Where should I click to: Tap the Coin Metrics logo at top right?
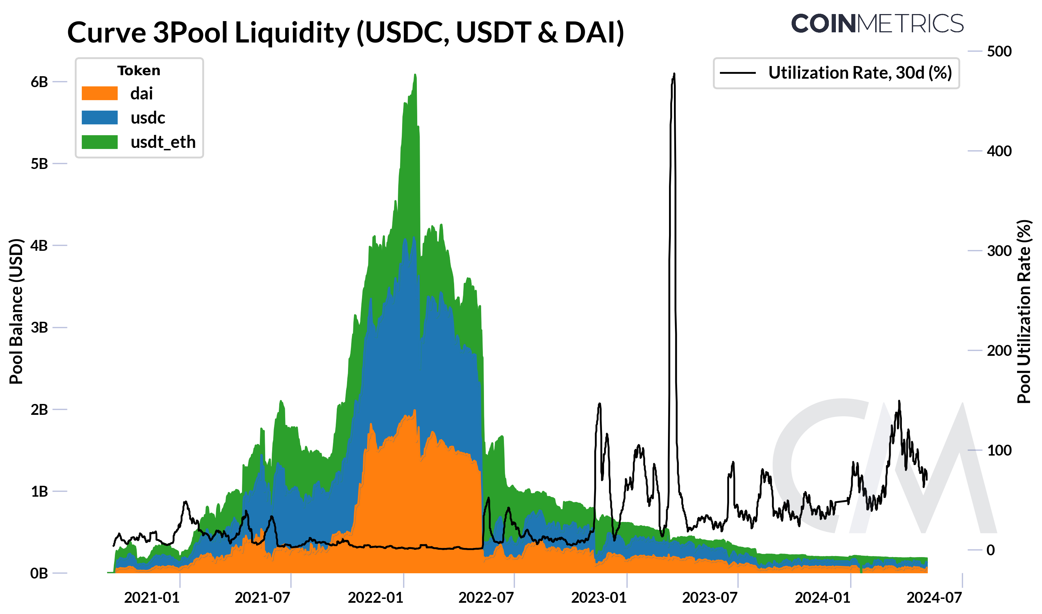(877, 24)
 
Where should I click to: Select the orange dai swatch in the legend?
(100, 93)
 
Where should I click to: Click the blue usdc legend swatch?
(100, 118)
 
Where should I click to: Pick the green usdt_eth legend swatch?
(100, 142)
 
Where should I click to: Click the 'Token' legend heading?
(139, 71)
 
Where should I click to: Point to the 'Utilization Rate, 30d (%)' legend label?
(860, 73)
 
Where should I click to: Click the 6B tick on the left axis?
(39, 82)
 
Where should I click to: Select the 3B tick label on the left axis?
(39, 328)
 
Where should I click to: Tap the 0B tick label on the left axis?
(39, 574)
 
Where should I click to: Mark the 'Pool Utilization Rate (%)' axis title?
(1024, 312)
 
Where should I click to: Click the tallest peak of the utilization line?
(674, 74)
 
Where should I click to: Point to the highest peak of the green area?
(415, 75)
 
